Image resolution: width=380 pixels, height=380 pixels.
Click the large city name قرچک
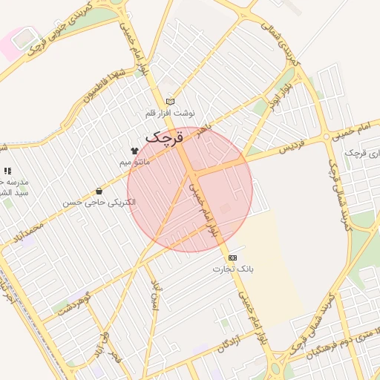(x=164, y=137)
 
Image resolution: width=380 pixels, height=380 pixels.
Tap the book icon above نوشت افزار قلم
(x=170, y=102)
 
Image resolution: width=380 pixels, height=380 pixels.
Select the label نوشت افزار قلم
(x=170, y=114)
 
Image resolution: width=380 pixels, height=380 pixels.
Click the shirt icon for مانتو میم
(x=134, y=151)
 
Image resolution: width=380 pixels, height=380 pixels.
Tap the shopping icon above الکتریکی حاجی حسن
(x=99, y=191)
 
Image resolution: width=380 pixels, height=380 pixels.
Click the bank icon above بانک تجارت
(x=233, y=257)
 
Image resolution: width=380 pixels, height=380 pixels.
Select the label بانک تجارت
(x=232, y=269)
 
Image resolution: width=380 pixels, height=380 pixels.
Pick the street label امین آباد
(x=154, y=296)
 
